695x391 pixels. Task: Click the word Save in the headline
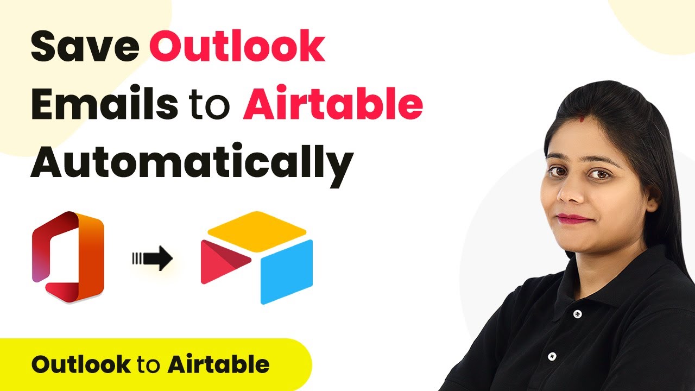point(85,47)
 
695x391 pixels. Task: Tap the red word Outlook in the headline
point(237,46)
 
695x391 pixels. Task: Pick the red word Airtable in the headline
point(333,103)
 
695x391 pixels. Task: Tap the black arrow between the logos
point(153,258)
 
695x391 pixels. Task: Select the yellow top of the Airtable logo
point(257,231)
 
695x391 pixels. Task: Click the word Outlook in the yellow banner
point(81,364)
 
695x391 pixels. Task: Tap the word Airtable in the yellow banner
point(219,364)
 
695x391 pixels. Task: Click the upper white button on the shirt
point(577,314)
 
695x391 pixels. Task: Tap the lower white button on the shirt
point(551,357)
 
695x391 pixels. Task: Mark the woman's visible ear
point(650,201)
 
